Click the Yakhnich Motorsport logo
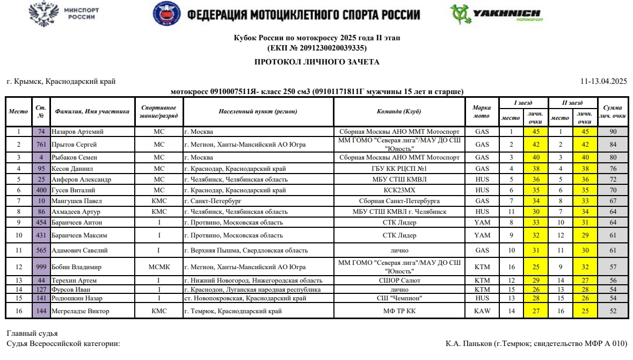pyautogui.click(x=496, y=15)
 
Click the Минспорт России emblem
pyautogui.click(x=64, y=15)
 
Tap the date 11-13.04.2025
pyautogui.click(x=603, y=82)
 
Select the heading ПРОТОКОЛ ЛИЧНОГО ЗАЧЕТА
pyautogui.click(x=317, y=62)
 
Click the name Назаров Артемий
pyautogui.click(x=78, y=132)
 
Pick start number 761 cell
pyautogui.click(x=41, y=145)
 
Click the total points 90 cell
pyautogui.click(x=612, y=132)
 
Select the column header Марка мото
pyautogui.click(x=482, y=112)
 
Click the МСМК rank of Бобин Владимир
pyautogui.click(x=159, y=267)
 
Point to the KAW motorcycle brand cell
pyautogui.click(x=482, y=311)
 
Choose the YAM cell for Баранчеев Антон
pyautogui.click(x=482, y=222)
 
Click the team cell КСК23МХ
pyautogui.click(x=399, y=190)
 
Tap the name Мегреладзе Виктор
pyautogui.click(x=81, y=311)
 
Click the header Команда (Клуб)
pyautogui.click(x=399, y=112)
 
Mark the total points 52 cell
pyautogui.click(x=612, y=311)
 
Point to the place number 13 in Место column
pyautogui.click(x=19, y=280)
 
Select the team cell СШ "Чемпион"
pyautogui.click(x=399, y=298)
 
